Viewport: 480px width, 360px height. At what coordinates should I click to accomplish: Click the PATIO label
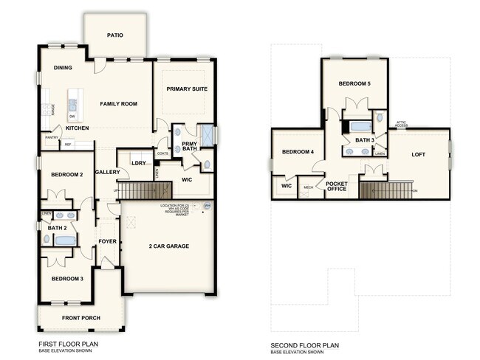114,35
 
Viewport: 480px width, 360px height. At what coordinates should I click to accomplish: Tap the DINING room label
63,68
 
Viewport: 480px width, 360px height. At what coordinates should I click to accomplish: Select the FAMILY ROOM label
119,104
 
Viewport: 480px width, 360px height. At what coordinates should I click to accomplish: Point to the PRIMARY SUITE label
186,89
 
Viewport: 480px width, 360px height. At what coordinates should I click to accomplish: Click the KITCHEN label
77,128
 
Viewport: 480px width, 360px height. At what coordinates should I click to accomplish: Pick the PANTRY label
52,137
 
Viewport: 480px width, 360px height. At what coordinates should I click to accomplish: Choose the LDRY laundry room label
138,163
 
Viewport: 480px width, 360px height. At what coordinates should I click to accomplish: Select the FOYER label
108,240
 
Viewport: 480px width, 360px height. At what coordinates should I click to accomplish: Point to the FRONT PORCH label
82,318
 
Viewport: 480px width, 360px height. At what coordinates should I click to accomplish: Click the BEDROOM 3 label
66,279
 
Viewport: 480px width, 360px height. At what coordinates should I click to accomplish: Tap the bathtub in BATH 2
66,240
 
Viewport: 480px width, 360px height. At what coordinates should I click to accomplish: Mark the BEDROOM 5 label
354,83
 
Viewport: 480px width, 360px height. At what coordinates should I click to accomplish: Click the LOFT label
419,155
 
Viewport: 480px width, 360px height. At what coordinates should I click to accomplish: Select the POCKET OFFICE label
336,186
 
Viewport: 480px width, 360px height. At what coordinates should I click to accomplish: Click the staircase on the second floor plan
383,190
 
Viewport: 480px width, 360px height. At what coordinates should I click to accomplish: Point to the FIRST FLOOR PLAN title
68,344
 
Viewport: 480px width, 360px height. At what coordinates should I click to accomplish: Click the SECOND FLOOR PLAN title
304,345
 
